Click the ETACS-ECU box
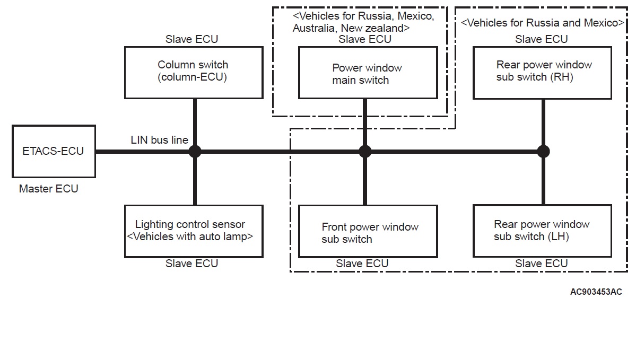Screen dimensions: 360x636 pos(54,151)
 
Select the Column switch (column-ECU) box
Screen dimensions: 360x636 pos(193,72)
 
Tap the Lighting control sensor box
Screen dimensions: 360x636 pos(193,231)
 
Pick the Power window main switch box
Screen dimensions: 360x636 pos(368,73)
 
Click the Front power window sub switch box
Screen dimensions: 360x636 pos(368,232)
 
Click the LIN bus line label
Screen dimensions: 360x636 pos(160,140)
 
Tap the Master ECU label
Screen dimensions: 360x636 pos(48,189)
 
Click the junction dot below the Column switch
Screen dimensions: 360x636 pos(195,152)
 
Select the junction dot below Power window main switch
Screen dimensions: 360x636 pos(365,152)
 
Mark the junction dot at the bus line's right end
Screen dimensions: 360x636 pos(543,152)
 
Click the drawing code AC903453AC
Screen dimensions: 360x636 pos(596,292)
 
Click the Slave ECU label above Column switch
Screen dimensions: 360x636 pos(191,39)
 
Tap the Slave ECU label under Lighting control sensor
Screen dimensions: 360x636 pos(191,264)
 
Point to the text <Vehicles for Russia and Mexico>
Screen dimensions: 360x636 pos(542,23)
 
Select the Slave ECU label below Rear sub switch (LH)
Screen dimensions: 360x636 pos(541,264)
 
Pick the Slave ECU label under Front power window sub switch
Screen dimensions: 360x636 pos(362,264)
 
